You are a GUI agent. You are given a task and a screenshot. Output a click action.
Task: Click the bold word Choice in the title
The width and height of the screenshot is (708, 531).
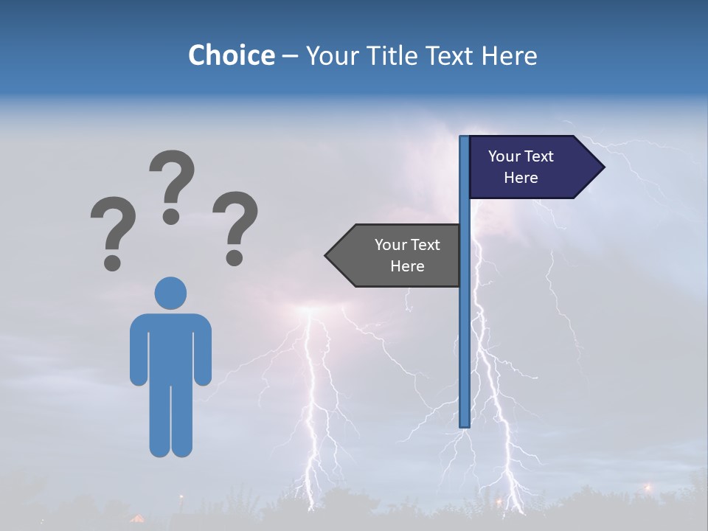click(231, 55)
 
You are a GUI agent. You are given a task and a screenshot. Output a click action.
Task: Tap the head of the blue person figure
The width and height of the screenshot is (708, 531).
click(170, 293)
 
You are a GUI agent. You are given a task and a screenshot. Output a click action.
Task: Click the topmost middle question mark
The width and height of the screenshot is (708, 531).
click(172, 181)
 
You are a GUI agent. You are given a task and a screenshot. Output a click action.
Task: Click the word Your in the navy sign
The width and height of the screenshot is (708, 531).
click(504, 156)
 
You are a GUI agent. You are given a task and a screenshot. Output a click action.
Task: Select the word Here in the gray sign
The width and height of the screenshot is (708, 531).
click(407, 266)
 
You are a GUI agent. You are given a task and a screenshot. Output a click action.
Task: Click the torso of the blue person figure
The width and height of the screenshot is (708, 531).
click(170, 347)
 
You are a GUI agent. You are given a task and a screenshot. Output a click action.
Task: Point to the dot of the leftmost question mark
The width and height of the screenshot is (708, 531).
click(112, 262)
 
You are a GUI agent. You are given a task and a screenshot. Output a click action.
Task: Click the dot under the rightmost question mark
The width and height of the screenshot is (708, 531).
click(235, 257)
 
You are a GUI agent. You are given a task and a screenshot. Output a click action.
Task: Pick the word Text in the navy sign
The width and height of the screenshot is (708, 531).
click(539, 156)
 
